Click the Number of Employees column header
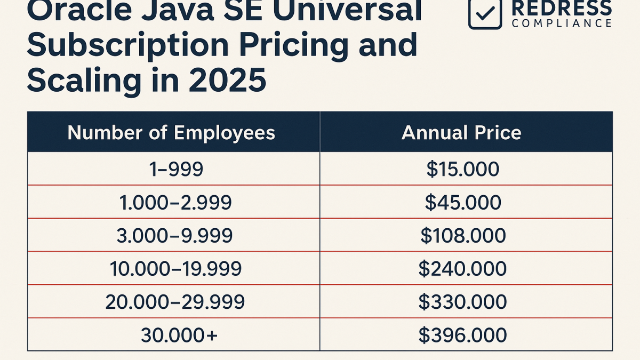coord(171,132)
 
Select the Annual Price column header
coord(461,132)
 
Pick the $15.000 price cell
coord(462,169)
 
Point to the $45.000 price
coord(462,202)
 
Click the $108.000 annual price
coord(462,235)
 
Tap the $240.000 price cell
coord(462,269)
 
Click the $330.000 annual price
coord(462,302)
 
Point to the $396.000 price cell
coord(462,335)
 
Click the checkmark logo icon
coord(485,13)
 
